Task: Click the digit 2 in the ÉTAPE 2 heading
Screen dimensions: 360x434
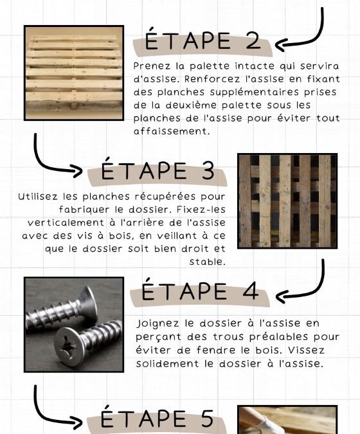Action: click(x=253, y=41)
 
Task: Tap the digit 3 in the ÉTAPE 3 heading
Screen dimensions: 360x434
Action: click(x=207, y=170)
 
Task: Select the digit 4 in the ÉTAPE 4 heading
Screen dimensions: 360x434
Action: click(x=251, y=291)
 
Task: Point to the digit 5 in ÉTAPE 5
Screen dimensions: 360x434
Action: click(x=207, y=418)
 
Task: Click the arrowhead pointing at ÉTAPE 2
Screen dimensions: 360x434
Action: click(x=280, y=44)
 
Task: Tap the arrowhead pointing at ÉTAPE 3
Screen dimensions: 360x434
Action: click(x=77, y=171)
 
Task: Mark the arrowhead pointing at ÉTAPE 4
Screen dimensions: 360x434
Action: click(x=280, y=296)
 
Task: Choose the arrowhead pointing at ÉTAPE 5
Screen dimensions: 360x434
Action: click(x=77, y=422)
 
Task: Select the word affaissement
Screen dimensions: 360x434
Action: click(x=172, y=131)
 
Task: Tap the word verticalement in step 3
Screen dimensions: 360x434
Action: click(x=66, y=223)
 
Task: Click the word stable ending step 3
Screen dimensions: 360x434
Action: click(x=207, y=262)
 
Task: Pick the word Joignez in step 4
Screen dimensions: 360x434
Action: click(x=157, y=324)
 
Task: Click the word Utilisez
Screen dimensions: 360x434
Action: click(x=38, y=197)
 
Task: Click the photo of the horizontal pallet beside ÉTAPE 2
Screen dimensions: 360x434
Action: click(x=74, y=73)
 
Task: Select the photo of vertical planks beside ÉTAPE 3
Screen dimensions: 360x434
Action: click(x=287, y=201)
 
